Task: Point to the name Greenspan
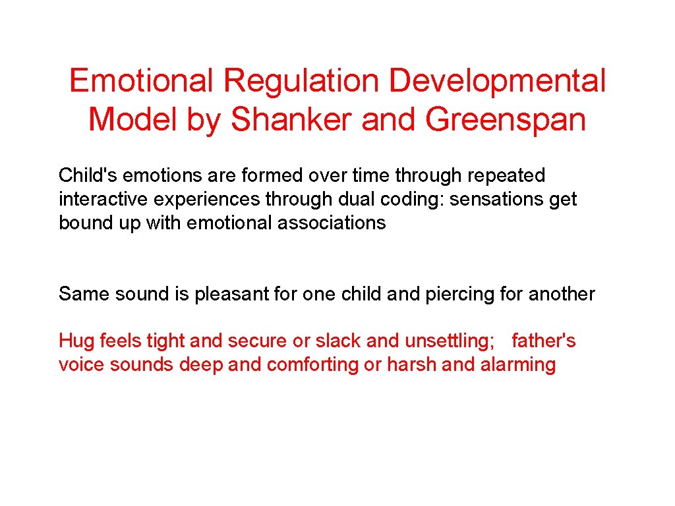[506, 120]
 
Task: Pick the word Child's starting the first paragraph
[88, 176]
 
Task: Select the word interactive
[98, 199]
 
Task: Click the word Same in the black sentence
[84, 294]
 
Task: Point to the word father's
[543, 341]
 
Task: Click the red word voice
[82, 364]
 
